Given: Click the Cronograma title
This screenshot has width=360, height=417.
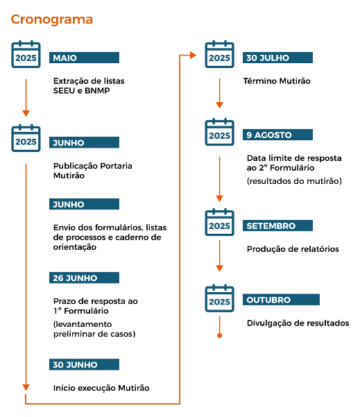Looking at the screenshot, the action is [x=51, y=19].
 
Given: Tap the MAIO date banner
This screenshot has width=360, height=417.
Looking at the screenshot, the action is [x=84, y=58].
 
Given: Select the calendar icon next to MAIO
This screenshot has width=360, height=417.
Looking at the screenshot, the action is [x=26, y=54].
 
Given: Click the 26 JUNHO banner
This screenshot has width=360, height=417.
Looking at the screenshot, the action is [x=84, y=278].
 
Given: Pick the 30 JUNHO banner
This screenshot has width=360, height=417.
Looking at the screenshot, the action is [x=84, y=364].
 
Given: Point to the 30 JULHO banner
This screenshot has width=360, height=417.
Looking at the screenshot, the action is [x=277, y=58].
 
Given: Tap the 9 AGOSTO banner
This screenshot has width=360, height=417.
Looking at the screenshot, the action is [x=277, y=135].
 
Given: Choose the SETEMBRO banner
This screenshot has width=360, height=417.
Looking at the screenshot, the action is [x=277, y=225].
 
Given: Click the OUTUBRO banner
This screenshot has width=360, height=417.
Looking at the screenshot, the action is [x=281, y=300].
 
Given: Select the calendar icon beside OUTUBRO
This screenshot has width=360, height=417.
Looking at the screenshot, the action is [x=219, y=298].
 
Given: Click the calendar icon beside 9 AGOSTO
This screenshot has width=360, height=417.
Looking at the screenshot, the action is [x=219, y=132].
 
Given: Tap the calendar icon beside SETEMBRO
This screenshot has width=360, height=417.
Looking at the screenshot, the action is [x=219, y=222].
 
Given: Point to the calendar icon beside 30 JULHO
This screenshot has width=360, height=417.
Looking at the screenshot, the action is [x=219, y=54].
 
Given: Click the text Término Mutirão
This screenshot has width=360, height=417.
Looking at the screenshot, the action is [x=277, y=81].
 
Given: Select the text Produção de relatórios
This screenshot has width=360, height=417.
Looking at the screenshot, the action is [x=293, y=249].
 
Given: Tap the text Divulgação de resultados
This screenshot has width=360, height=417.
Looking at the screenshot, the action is [x=298, y=323].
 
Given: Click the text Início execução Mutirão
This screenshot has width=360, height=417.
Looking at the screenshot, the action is [x=101, y=388].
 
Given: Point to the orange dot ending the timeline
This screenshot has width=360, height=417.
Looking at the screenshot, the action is [x=219, y=335].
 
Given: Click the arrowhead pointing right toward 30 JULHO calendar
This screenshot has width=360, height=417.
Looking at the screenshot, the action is [x=194, y=56].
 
